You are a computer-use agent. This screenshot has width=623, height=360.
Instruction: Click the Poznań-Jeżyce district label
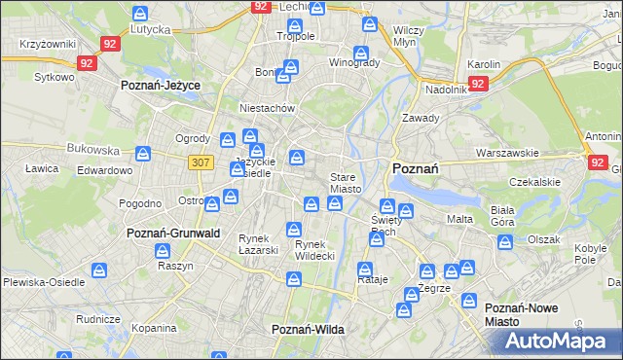[160, 86]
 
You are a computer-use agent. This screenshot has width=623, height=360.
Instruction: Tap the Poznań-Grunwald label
[173, 234]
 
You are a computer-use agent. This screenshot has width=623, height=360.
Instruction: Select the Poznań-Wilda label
[308, 330]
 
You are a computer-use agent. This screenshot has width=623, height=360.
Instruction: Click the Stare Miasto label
[346, 183]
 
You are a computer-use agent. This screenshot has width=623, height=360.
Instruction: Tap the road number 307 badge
[202, 162]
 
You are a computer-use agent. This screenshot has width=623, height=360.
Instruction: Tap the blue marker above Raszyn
[162, 251]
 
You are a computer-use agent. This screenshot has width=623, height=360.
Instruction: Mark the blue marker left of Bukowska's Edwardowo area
[144, 154]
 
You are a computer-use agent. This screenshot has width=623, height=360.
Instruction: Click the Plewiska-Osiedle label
[44, 281]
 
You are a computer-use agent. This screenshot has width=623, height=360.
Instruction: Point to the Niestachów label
[267, 109]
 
